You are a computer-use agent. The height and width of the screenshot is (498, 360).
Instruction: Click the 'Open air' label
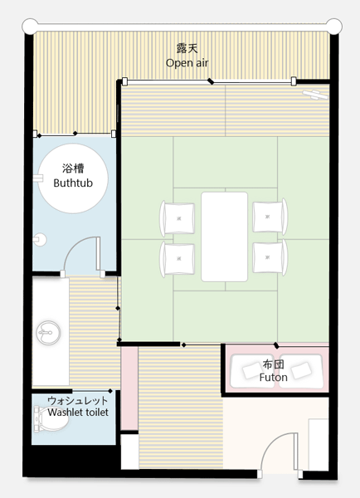tap(187, 63)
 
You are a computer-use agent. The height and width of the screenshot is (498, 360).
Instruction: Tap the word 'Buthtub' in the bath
tap(73, 183)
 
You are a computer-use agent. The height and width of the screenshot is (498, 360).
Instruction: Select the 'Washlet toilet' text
tap(78, 413)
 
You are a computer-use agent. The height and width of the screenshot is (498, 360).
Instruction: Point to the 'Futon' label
tap(274, 378)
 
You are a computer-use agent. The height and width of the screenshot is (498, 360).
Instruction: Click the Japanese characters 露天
tap(187, 48)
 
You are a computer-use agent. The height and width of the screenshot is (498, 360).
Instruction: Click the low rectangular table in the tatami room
tap(225, 237)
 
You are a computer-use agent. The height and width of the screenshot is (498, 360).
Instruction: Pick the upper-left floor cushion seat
tap(178, 218)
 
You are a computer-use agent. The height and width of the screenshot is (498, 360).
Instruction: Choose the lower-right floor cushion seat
tap(270, 257)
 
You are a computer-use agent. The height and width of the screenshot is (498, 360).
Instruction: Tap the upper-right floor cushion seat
tap(270, 217)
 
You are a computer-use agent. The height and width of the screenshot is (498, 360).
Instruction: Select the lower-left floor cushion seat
tap(178, 259)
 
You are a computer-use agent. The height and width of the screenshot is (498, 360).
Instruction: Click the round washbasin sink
tap(48, 333)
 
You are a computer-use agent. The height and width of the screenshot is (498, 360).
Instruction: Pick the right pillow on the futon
tap(302, 370)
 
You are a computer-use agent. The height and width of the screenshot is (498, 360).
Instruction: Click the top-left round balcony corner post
tap(30, 27)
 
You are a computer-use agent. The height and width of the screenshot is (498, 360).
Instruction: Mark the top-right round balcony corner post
tap(334, 27)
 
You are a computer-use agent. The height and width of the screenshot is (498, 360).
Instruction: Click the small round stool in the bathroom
tap(40, 240)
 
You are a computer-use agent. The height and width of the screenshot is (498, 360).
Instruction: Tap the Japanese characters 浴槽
tap(73, 168)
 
